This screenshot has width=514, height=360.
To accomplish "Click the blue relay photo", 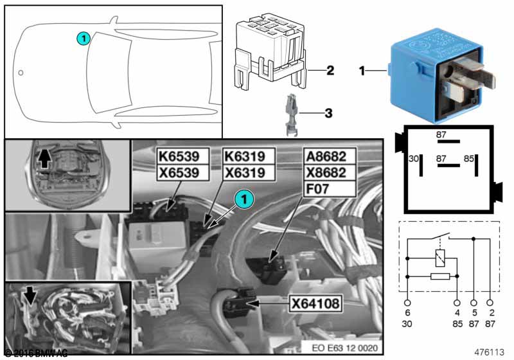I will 443,74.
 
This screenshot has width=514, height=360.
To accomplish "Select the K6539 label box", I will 184,156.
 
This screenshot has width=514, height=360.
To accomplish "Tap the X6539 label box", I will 184,172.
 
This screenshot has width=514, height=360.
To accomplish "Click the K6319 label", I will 249,156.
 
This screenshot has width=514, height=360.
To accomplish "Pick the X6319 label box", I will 249,172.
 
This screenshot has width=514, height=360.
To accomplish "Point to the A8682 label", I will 328,156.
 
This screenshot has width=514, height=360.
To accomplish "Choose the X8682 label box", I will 328,172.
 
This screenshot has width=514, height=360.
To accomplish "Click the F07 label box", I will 328,188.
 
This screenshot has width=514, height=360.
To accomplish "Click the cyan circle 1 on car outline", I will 82,38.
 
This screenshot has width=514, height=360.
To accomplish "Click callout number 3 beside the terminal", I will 328,114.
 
